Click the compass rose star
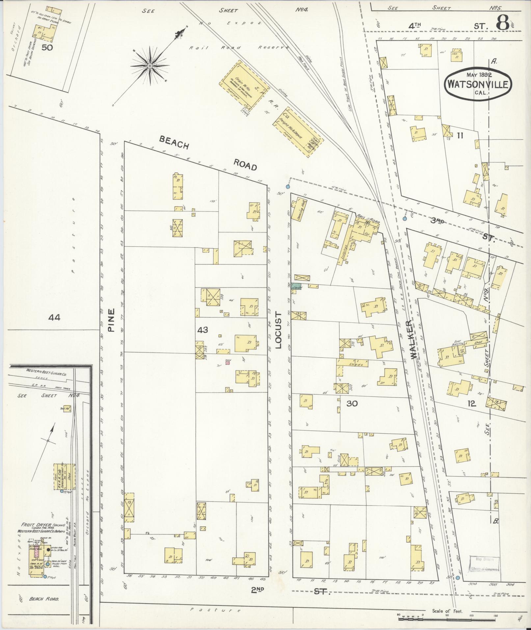pyautogui.click(x=149, y=66)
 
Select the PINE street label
pyautogui.click(x=111, y=320)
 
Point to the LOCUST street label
pyautogui.click(x=279, y=331)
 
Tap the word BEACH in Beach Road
pyautogui.click(x=174, y=142)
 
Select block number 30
pyautogui.click(x=352, y=403)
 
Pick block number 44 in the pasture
pyautogui.click(x=54, y=317)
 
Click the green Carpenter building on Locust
pyautogui.click(x=296, y=287)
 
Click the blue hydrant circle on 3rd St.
pyautogui.click(x=405, y=218)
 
